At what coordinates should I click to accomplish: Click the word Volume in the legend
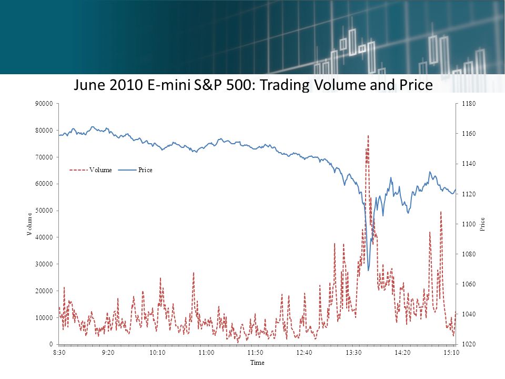point(100,170)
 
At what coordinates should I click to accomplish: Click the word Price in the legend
point(145,170)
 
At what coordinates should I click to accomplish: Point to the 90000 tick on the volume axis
point(44,104)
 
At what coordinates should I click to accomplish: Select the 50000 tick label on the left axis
point(44,211)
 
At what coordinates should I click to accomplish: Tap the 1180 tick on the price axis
point(469,104)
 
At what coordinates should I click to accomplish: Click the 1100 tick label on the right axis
point(469,224)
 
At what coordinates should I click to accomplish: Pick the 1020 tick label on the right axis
point(469,344)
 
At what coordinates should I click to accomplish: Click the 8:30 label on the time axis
point(59,353)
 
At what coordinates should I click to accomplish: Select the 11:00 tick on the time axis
point(206,353)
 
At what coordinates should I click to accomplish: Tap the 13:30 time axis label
point(353,353)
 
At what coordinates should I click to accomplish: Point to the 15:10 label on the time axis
point(451,353)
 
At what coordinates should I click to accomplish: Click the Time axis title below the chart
point(257,363)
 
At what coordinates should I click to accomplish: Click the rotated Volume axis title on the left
point(29,224)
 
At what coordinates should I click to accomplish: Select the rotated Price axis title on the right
point(482,224)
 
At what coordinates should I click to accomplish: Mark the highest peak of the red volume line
point(368,136)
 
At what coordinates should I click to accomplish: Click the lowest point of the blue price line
point(368,271)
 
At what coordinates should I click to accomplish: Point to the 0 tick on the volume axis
point(51,344)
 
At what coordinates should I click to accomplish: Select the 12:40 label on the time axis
point(304,353)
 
